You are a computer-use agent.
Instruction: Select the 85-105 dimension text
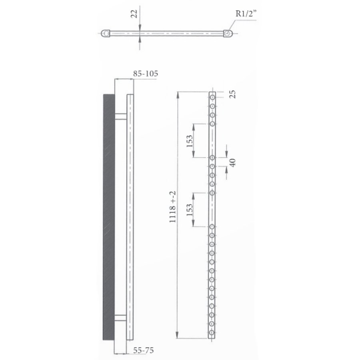[x=146, y=74]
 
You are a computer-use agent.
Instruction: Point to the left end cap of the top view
[x=106, y=34]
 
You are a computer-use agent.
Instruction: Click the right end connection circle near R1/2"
[x=228, y=34]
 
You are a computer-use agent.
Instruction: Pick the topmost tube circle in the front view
[x=212, y=97]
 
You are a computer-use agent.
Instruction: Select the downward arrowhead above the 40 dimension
[x=226, y=154]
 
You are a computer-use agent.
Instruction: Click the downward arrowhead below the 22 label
[x=139, y=28]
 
